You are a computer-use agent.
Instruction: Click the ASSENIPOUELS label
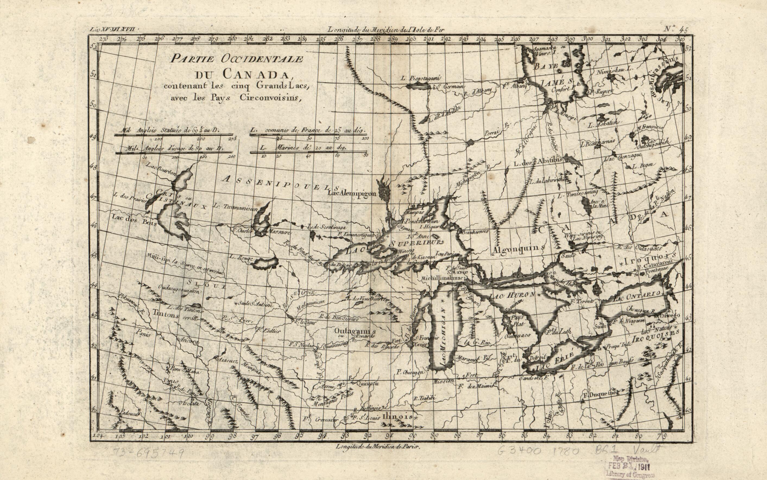pos(281,184)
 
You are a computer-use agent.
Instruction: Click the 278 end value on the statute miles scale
pos(232,139)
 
